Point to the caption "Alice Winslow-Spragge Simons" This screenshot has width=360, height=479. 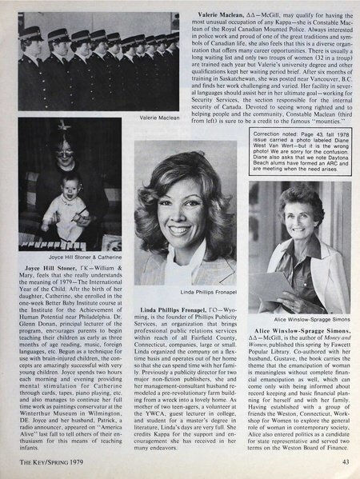[305, 294]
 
